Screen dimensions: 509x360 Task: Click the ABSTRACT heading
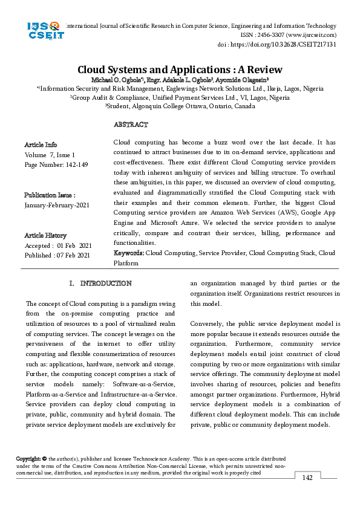point(131,125)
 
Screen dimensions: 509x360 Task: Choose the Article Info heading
point(41,145)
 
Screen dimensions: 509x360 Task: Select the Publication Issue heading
point(50,195)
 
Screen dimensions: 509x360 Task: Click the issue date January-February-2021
point(57,206)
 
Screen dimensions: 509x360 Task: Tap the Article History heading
point(45,235)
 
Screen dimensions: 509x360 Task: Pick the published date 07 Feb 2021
point(73,255)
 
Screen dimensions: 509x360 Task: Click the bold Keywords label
point(129,253)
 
